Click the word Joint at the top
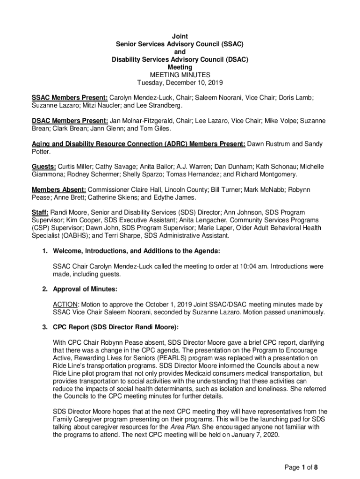point(180,36)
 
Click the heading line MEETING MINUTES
point(180,75)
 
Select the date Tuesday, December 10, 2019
point(180,83)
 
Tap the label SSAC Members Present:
point(70,98)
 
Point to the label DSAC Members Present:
point(70,121)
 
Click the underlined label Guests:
point(44,167)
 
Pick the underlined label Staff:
point(40,212)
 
